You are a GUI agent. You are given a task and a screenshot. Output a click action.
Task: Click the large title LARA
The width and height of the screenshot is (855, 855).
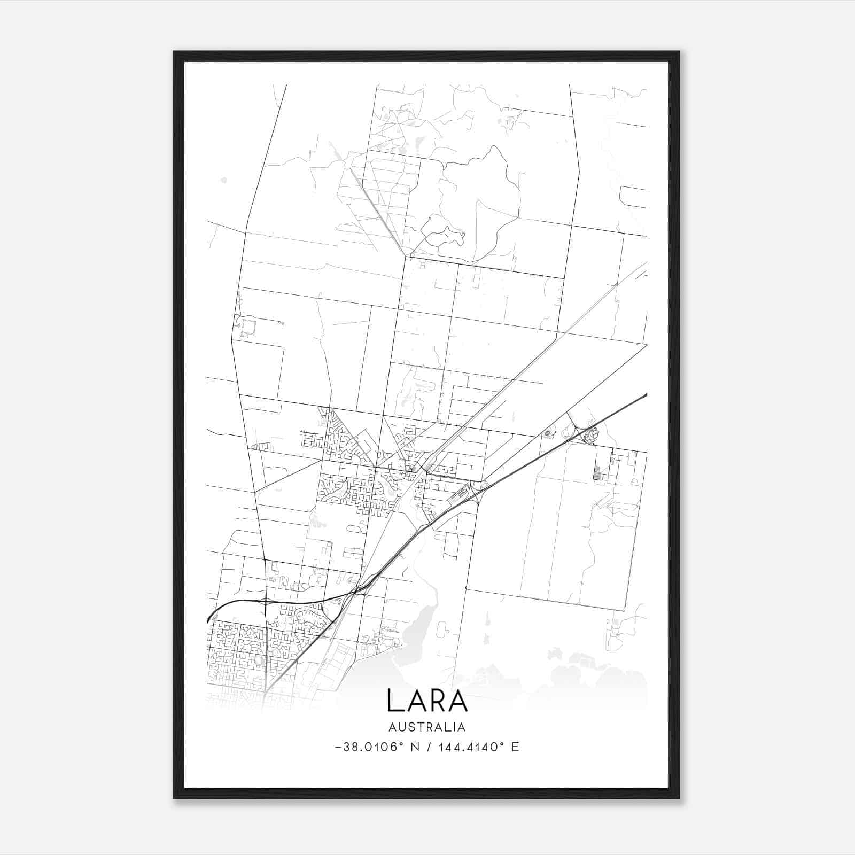427,701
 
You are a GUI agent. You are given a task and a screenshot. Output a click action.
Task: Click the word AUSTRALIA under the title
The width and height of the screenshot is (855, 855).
427,727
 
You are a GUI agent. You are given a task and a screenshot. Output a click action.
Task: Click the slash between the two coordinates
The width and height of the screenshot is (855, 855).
429,747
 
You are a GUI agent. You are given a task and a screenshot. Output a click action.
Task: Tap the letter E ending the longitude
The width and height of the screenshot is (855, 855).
515,747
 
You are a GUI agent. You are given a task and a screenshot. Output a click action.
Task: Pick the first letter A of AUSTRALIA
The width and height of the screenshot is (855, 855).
393,727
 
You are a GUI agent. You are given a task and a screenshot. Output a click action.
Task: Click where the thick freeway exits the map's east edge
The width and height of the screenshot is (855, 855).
646,395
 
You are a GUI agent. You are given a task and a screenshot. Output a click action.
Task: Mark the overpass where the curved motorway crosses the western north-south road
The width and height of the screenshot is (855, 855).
266,601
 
